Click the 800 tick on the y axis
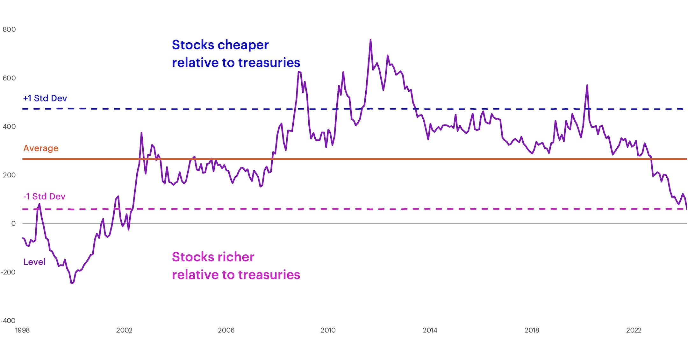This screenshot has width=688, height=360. coord(9,30)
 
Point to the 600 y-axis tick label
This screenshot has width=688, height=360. coord(9,78)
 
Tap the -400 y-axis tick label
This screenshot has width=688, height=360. coord(8,321)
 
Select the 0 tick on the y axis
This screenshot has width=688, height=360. coord(13,224)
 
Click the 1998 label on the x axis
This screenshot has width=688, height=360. coord(22,330)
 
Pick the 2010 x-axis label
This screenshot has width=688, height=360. coord(328,330)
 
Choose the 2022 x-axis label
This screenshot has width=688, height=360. coord(634,330)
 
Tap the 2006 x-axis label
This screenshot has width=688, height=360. coord(226,330)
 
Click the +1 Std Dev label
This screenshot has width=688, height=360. coord(45,98)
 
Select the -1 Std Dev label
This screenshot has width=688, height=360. coord(44,196)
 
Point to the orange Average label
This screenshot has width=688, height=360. coord(41,148)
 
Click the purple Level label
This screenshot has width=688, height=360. coord(34,262)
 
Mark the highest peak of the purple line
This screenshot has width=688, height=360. coord(370,40)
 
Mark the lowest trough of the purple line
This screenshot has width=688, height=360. coord(72,283)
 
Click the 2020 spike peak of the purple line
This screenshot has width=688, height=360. coord(587,85)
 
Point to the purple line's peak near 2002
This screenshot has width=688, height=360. coord(141,133)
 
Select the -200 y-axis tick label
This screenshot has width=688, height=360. coord(8,272)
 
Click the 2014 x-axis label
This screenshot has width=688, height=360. coord(430,330)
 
